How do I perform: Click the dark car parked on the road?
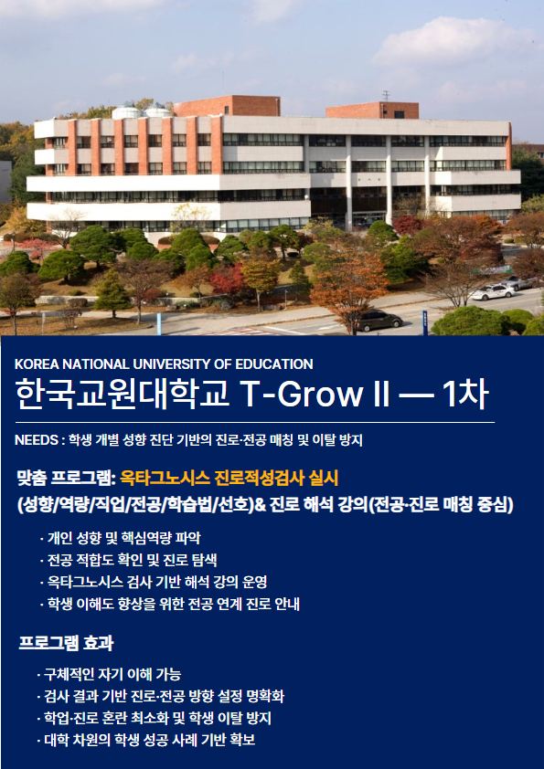[379, 321]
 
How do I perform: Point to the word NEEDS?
[37, 440]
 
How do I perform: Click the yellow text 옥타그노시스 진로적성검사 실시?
[229, 479]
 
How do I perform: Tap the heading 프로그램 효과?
[66, 642]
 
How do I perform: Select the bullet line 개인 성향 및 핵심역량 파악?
[121, 538]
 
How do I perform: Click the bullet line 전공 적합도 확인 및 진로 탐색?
[129, 560]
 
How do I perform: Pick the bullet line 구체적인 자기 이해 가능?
[109, 674]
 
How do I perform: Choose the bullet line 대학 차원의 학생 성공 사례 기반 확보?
[145, 740]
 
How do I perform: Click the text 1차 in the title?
[465, 394]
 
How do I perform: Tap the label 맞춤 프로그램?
[66, 479]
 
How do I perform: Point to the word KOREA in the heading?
[32, 363]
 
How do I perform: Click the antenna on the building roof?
[387, 96]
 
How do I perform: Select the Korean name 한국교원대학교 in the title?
[123, 394]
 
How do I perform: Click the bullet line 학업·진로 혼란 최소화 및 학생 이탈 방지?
[155, 718]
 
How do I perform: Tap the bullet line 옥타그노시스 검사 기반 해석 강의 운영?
[154, 582]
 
